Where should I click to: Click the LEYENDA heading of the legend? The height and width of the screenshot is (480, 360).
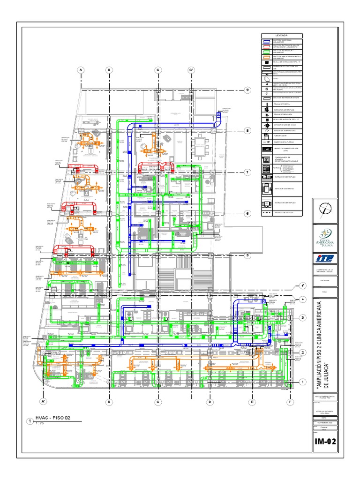[x=282, y=36]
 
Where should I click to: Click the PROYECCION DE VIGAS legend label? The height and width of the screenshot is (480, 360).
[x=284, y=213]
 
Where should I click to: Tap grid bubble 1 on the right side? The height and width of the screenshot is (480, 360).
[x=303, y=382]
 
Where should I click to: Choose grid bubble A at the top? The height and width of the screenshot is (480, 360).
[x=81, y=70]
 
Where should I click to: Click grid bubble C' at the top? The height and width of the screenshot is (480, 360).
[x=191, y=70]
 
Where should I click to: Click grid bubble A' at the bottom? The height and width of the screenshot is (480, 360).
[x=43, y=402]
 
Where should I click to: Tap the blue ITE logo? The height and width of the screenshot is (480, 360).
[x=325, y=257]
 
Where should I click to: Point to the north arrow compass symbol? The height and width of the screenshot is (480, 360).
[x=325, y=209]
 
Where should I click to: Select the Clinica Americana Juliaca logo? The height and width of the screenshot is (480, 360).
[x=325, y=234]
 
